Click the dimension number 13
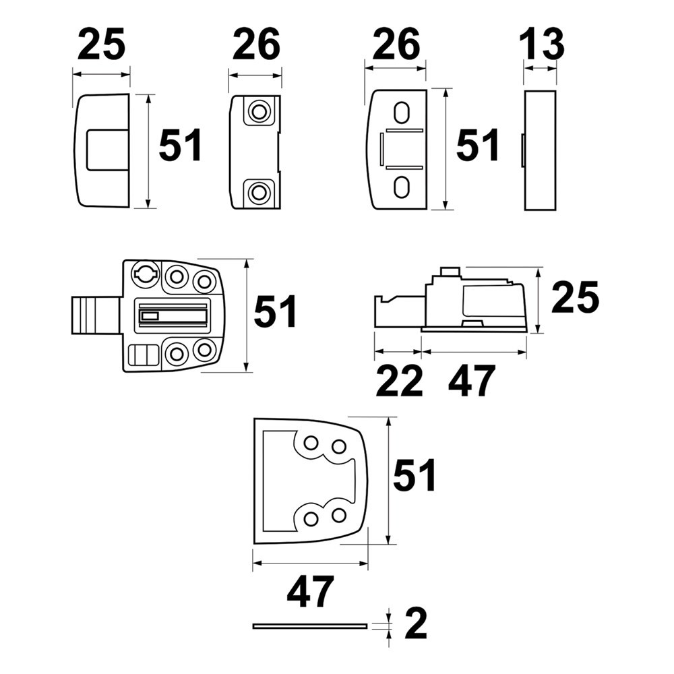coord(541,44)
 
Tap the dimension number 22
coord(399,381)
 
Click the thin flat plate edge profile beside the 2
coord(310,626)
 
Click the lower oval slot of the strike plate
coord(402,186)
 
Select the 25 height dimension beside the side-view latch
coord(574,299)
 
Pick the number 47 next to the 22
coord(472,381)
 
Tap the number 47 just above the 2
coord(310,592)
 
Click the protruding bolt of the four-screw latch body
coord(95,313)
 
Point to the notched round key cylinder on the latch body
coord(145,273)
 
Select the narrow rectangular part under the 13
coord(541,150)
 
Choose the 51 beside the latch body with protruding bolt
coord(275,313)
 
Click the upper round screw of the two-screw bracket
coord(257,112)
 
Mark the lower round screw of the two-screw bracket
coord(257,192)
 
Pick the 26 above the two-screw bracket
coord(256,44)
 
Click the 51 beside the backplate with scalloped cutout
coord(415,476)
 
